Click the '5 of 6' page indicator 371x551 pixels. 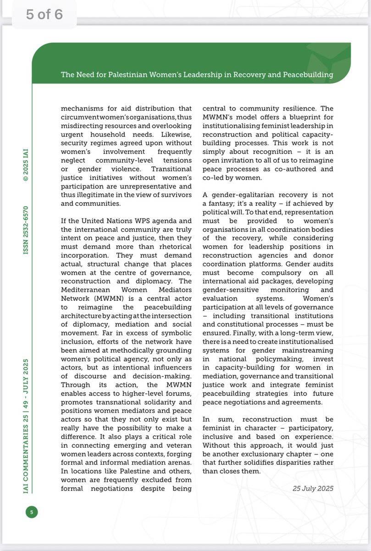coord(44,14)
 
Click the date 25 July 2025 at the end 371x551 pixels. coord(313,488)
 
